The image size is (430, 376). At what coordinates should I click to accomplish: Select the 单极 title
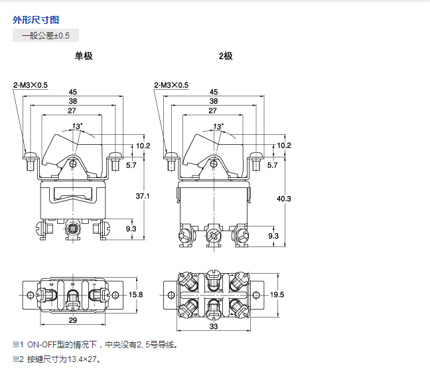click(x=84, y=56)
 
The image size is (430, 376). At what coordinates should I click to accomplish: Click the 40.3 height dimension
click(x=284, y=199)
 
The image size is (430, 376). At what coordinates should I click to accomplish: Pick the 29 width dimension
click(x=72, y=320)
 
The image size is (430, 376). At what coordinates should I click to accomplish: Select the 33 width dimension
click(x=214, y=327)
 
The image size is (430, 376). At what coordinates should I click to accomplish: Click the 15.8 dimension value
click(x=136, y=294)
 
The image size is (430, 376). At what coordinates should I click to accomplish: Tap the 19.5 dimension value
click(x=277, y=294)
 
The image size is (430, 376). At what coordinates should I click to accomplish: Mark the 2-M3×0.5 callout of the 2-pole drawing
click(x=171, y=85)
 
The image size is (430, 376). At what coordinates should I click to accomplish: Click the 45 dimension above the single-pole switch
click(x=72, y=92)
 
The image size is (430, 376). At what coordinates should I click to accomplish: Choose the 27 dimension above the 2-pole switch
click(x=212, y=110)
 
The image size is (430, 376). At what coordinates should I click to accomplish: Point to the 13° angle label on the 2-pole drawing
click(x=218, y=126)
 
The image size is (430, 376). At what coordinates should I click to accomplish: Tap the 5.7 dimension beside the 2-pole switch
click(x=272, y=165)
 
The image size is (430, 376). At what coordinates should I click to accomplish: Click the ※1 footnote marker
click(x=17, y=345)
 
